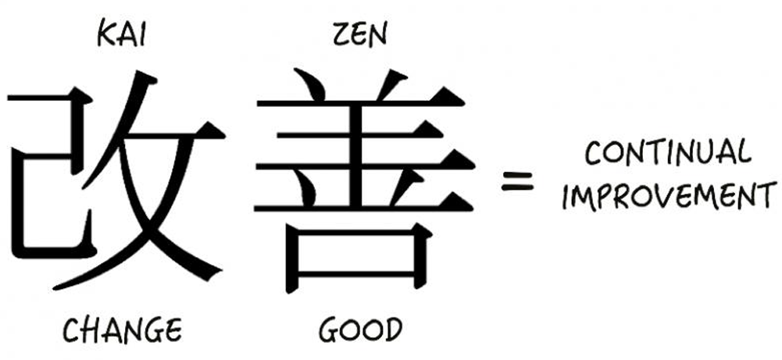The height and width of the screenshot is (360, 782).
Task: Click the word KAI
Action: [x=121, y=35]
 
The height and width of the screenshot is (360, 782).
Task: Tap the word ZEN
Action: [x=359, y=35]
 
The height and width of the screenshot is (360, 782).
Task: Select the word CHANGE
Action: [x=122, y=330]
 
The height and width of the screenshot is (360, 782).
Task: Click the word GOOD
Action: [x=360, y=330]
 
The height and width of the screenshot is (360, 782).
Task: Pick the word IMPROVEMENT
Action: [x=670, y=195]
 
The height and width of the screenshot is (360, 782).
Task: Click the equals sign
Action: [x=517, y=181]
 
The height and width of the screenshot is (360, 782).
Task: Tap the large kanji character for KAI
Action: [x=116, y=180]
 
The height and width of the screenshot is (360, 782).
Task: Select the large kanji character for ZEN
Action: [x=364, y=180]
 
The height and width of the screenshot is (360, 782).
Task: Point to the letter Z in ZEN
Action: [x=341, y=36]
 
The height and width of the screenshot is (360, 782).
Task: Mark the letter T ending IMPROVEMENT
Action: [x=768, y=195]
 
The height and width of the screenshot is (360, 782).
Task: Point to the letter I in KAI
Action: [x=141, y=36]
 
